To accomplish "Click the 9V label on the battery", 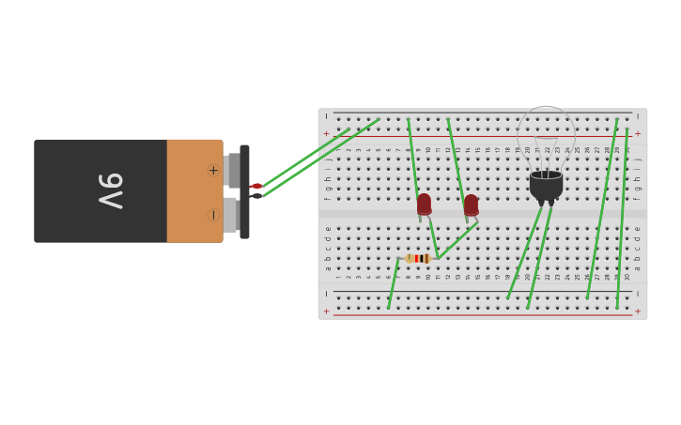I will click(111, 190).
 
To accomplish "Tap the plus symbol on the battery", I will click(213, 170).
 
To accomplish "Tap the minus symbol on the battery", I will click(213, 215).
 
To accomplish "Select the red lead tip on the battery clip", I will click(256, 187).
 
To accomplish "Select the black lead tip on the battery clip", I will click(256, 196).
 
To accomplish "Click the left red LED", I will click(424, 204).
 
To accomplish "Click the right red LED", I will click(471, 205).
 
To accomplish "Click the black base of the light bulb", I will click(546, 185).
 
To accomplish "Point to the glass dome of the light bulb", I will click(546, 136).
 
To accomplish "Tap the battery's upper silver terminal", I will click(232, 170).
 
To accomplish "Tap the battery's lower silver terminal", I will click(231, 215).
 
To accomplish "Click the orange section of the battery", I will click(193, 190).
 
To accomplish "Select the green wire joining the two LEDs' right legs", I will click(457, 240).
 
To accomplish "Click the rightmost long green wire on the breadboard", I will click(622, 216).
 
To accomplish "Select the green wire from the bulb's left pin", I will click(524, 253).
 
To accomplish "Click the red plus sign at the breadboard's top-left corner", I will click(327, 133).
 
